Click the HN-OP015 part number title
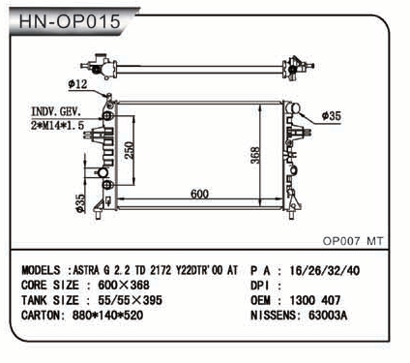[70, 21]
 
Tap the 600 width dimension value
[199, 194]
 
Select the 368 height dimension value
[255, 155]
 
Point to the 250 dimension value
[129, 150]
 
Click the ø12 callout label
[77, 84]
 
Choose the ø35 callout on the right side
[332, 116]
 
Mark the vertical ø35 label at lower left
[80, 203]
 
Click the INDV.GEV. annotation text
[56, 111]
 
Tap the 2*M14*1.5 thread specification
[57, 125]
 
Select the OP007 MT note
[353, 241]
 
